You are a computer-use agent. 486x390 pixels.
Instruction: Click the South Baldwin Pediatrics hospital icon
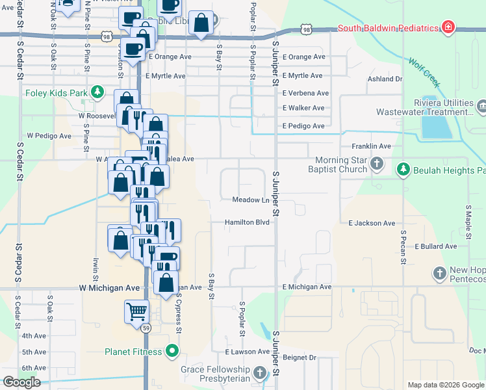pos(448,27)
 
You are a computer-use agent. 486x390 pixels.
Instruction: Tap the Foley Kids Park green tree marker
pos(97,92)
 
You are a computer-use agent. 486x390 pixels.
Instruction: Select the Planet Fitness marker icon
pos(172,352)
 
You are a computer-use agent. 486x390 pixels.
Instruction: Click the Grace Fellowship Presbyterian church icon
pos(260,373)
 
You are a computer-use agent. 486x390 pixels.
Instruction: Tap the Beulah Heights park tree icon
pos(403,170)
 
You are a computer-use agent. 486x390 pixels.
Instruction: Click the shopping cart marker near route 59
pos(136,311)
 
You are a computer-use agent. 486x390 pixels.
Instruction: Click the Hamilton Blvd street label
pos(247,222)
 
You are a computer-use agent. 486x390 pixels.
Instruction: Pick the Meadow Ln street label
pos(251,200)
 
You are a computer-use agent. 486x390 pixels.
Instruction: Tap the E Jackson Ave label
pos(372,224)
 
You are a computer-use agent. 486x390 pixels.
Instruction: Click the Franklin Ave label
pos(371,146)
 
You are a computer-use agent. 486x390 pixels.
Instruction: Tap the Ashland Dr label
pos(385,79)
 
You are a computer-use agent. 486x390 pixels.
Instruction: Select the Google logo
pos(21,382)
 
